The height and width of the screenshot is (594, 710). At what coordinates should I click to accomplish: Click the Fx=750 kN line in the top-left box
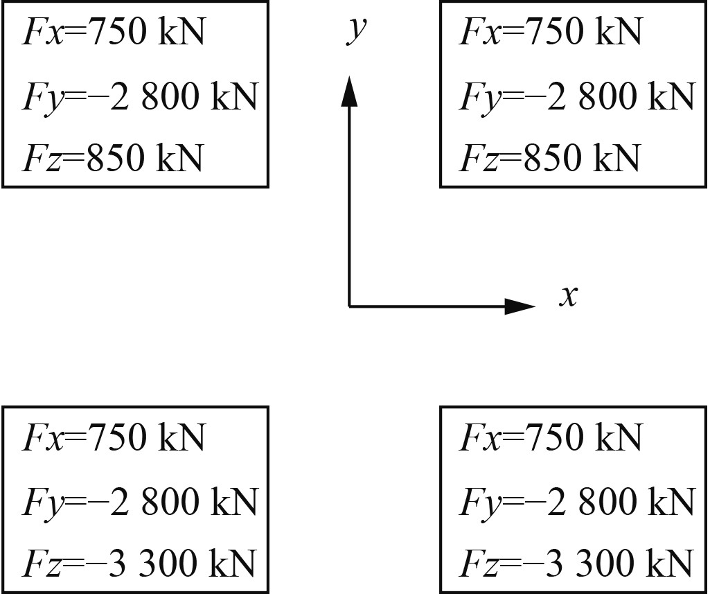(x=114, y=32)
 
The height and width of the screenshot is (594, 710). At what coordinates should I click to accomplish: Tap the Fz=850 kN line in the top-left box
(x=113, y=158)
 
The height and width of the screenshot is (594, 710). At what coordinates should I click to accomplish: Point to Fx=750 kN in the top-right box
(x=551, y=32)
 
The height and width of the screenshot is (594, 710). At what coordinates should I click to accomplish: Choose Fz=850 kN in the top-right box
(x=549, y=158)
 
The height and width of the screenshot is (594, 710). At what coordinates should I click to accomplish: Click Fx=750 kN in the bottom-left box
(x=114, y=437)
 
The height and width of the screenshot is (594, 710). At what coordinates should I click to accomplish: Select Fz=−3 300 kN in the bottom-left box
(x=139, y=562)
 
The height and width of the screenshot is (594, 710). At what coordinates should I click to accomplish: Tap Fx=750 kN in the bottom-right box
(x=551, y=437)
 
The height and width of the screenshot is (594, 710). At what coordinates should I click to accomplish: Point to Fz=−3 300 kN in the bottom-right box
(x=576, y=562)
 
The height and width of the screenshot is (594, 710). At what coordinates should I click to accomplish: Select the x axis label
(x=568, y=297)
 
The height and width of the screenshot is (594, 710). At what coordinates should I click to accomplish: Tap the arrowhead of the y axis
(x=349, y=91)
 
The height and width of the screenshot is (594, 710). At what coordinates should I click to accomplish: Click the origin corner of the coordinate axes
(x=349, y=306)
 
